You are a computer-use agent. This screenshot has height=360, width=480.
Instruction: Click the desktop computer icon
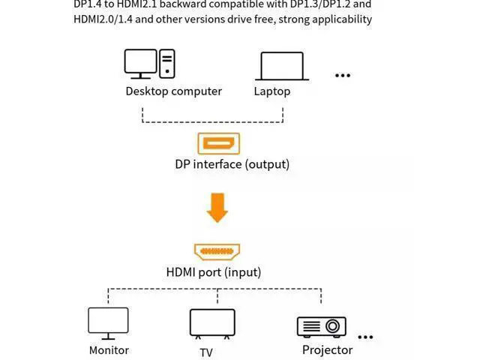[x=149, y=64]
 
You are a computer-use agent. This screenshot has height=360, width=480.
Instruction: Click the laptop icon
[x=281, y=66]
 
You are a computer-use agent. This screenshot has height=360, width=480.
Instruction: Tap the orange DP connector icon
[x=217, y=142]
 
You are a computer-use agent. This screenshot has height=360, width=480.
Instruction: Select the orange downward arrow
[x=217, y=208]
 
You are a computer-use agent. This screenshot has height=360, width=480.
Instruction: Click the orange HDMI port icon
[x=217, y=252]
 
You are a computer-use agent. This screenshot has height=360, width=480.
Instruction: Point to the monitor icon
[x=108, y=323]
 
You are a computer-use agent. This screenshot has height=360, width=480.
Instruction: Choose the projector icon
[x=321, y=326]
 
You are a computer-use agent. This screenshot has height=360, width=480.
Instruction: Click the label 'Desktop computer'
[x=173, y=91]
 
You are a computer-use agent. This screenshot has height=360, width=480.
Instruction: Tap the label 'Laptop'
[x=272, y=91]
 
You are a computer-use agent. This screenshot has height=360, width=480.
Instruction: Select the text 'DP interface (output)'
[x=232, y=163]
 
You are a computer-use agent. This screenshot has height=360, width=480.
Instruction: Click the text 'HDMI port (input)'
[x=214, y=272]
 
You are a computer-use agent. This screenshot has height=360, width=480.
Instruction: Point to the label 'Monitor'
[x=109, y=349]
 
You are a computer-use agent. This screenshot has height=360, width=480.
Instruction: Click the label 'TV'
[x=206, y=352]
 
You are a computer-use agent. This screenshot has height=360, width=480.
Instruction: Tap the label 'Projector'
[x=327, y=349]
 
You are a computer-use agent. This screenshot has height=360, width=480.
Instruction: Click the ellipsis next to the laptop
[x=343, y=75]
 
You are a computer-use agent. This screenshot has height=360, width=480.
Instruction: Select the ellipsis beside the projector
[x=365, y=337]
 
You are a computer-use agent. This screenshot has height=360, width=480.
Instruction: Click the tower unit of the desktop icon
[x=167, y=64]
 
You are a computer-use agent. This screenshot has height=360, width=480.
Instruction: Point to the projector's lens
[x=332, y=327]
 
